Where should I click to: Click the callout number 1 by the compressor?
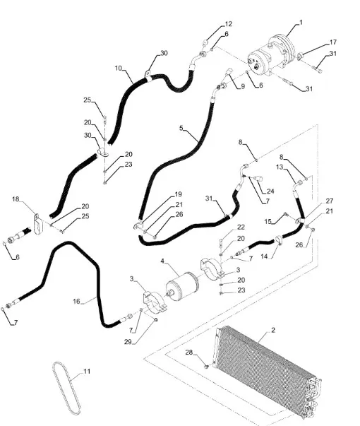(301, 23)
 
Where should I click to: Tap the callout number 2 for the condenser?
(273, 330)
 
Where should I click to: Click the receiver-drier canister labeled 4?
(182, 287)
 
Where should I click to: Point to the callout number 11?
(87, 371)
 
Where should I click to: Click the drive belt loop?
(67, 389)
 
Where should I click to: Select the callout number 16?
(76, 301)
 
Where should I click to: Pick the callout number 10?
(119, 68)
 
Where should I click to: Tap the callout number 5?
(181, 128)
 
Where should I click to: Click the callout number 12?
(229, 24)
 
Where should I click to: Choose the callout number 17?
(333, 42)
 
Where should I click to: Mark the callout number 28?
(189, 353)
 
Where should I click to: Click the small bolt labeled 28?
(206, 366)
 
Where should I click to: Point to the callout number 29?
(128, 342)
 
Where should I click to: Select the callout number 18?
(16, 199)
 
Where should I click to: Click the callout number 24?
(270, 191)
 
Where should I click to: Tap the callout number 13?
(280, 167)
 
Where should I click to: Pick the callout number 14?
(264, 256)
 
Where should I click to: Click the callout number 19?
(178, 194)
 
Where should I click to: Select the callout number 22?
(241, 227)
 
